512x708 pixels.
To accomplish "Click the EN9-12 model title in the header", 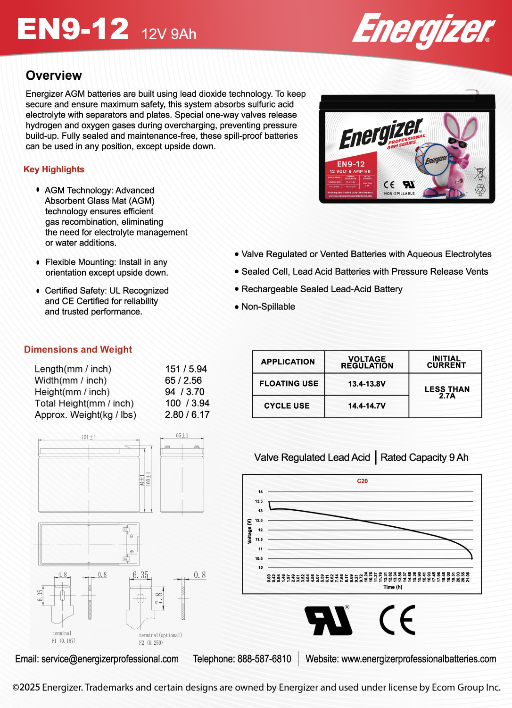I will pos(73,29).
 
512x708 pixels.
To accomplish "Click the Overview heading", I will pos(54,76).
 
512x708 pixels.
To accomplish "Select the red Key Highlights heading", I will pos(54,169).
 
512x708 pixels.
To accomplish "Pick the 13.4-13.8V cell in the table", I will pos(367,384).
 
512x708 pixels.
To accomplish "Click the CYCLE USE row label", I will pos(287,406).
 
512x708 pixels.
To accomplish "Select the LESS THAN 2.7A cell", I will pos(446,392).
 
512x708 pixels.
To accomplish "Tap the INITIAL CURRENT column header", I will pos(446,362).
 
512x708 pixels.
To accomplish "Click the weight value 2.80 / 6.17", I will pos(187,414).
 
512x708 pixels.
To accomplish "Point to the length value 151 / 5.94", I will pos(186,369).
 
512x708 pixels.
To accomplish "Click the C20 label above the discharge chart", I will pos(362,481).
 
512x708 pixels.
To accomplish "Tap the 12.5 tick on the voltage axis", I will pos(259,520).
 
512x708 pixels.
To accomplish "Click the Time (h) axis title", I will pos(393,587).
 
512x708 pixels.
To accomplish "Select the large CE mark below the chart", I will pos(397,620).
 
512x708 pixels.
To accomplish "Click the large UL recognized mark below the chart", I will pos(329,620).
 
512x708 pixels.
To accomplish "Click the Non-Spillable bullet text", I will pos(268,307).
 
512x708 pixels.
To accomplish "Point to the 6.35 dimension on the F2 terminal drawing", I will pos(140,575).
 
